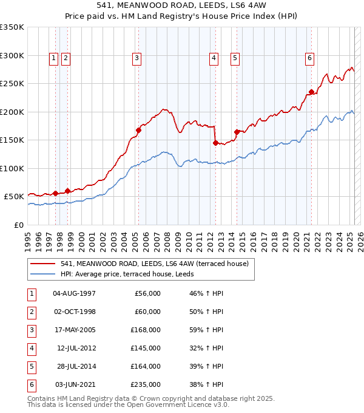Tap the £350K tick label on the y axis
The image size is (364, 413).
pyautogui.click(x=12, y=27)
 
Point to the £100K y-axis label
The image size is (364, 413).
pyautogui.click(x=12, y=168)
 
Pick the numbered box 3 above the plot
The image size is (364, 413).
pyautogui.click(x=137, y=58)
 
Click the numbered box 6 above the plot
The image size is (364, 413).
pyautogui.click(x=309, y=58)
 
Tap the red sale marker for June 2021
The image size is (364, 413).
pyautogui.click(x=311, y=92)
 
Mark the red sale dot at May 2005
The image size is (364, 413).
pyautogui.click(x=138, y=130)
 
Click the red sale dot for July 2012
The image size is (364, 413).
pyautogui.click(x=215, y=143)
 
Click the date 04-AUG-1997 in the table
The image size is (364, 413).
pyautogui.click(x=75, y=293)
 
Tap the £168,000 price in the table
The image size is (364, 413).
pyautogui.click(x=146, y=330)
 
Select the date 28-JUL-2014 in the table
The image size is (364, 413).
pyautogui.click(x=75, y=366)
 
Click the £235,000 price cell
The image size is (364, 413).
pyautogui.click(x=146, y=384)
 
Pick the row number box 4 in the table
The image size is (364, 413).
pyautogui.click(x=30, y=348)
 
